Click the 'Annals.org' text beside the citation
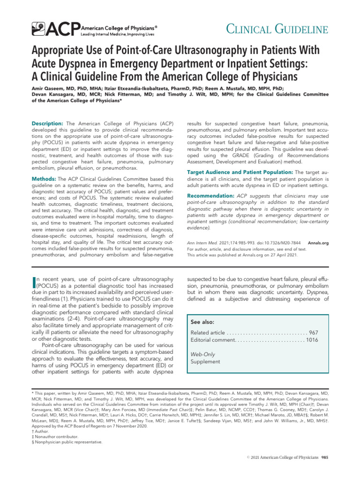[318, 243]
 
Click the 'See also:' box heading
[202, 322]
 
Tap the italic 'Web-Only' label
[203, 354]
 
